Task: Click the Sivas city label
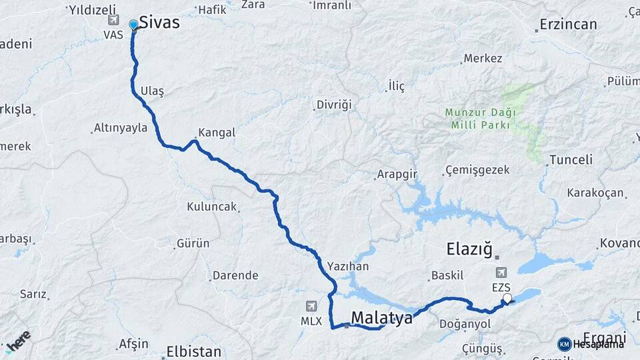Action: (159, 23)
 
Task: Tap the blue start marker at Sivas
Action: (133, 25)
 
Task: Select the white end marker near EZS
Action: (507, 299)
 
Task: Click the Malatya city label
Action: (382, 318)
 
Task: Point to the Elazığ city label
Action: (469, 250)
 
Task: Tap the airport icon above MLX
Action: (311, 306)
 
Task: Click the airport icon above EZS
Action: (501, 273)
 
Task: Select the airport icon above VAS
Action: (113, 20)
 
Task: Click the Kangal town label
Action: (217, 133)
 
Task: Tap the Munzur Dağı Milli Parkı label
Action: (477, 119)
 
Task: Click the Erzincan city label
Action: (568, 25)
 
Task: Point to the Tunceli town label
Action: (570, 160)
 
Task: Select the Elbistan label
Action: (193, 351)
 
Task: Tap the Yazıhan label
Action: (348, 265)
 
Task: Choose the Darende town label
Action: (235, 275)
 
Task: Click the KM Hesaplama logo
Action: (591, 344)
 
